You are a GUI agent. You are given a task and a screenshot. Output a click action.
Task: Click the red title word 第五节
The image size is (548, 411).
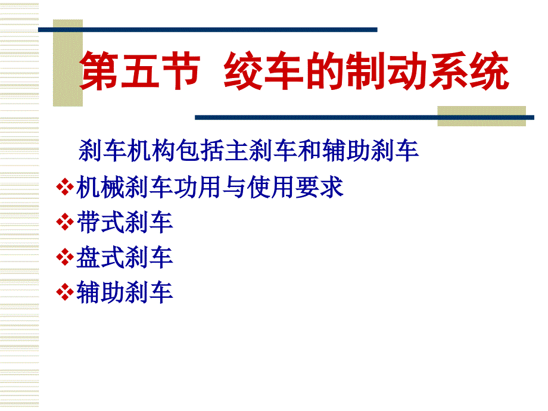pyautogui.click(x=141, y=70)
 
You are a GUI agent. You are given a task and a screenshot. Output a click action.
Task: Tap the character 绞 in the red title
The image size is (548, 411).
pyautogui.click(x=243, y=70)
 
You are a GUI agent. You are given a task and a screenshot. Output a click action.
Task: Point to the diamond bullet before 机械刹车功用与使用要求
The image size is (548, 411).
pyautogui.click(x=65, y=186)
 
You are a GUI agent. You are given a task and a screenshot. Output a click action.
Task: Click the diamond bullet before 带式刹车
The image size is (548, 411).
pyautogui.click(x=65, y=222)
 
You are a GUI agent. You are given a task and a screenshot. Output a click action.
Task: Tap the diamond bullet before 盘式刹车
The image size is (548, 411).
pyautogui.click(x=65, y=257)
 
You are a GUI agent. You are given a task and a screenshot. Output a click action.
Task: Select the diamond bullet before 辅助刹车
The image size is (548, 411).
pyautogui.click(x=65, y=292)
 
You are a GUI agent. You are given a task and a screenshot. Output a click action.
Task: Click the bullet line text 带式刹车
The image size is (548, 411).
pyautogui.click(x=124, y=222)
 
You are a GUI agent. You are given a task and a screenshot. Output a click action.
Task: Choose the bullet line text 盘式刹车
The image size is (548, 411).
pyautogui.click(x=124, y=257)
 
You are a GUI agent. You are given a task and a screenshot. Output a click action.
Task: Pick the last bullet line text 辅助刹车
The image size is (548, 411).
pyautogui.click(x=124, y=292)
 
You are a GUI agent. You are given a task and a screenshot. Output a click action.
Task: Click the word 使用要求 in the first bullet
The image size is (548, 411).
pyautogui.click(x=295, y=187)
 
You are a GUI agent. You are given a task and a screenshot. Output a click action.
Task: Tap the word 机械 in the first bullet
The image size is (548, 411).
pyautogui.click(x=101, y=187)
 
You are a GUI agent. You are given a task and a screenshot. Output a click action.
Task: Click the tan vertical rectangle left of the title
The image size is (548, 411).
pyautogui.click(x=68, y=63)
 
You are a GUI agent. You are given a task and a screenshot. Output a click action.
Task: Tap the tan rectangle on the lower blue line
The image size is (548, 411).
pyautogui.click(x=482, y=116)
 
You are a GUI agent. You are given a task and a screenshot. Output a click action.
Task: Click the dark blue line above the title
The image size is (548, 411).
pyautogui.click(x=208, y=30)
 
